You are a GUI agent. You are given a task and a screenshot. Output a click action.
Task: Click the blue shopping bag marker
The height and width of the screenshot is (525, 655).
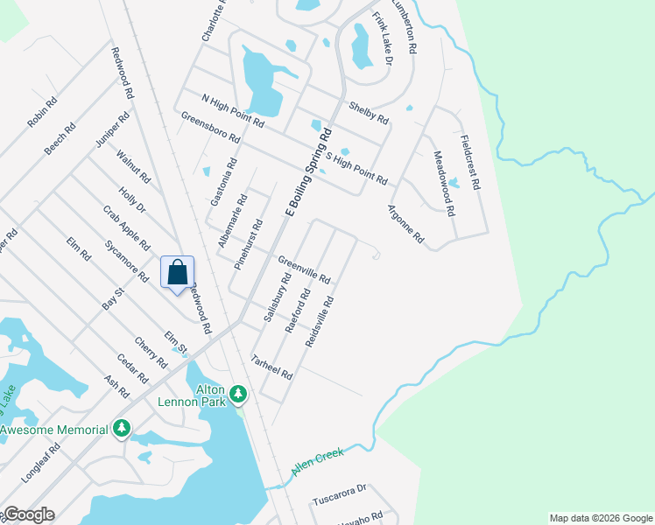point(177,272)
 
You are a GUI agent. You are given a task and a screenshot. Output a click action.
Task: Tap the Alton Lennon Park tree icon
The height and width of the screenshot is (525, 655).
point(236,396)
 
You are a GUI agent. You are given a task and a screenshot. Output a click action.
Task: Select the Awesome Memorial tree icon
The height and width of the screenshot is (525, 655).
point(123,429)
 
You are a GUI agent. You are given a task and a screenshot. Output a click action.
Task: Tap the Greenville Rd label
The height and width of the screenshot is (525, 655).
point(304,269)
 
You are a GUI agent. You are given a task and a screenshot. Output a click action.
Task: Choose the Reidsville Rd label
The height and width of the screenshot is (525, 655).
point(320,322)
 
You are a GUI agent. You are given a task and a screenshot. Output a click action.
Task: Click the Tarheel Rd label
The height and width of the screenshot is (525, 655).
point(271,367)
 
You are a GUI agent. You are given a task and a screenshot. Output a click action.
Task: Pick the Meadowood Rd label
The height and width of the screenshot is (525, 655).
point(445,183)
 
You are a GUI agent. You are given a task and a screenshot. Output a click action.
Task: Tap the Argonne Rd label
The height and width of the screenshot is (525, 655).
point(405,224)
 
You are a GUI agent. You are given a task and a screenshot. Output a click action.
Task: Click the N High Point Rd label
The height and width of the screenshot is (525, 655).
point(232,111)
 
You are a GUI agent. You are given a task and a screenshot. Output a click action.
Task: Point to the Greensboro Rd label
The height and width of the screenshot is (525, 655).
point(210,127)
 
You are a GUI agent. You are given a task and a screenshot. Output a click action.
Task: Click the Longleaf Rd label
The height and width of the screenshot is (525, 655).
point(41,463)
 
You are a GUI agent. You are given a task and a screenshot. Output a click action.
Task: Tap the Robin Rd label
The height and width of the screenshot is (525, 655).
point(42,113)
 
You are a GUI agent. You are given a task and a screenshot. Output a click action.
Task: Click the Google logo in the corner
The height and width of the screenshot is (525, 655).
point(28,514)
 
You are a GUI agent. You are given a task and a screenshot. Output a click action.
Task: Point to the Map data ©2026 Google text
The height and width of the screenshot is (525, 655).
point(601,518)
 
